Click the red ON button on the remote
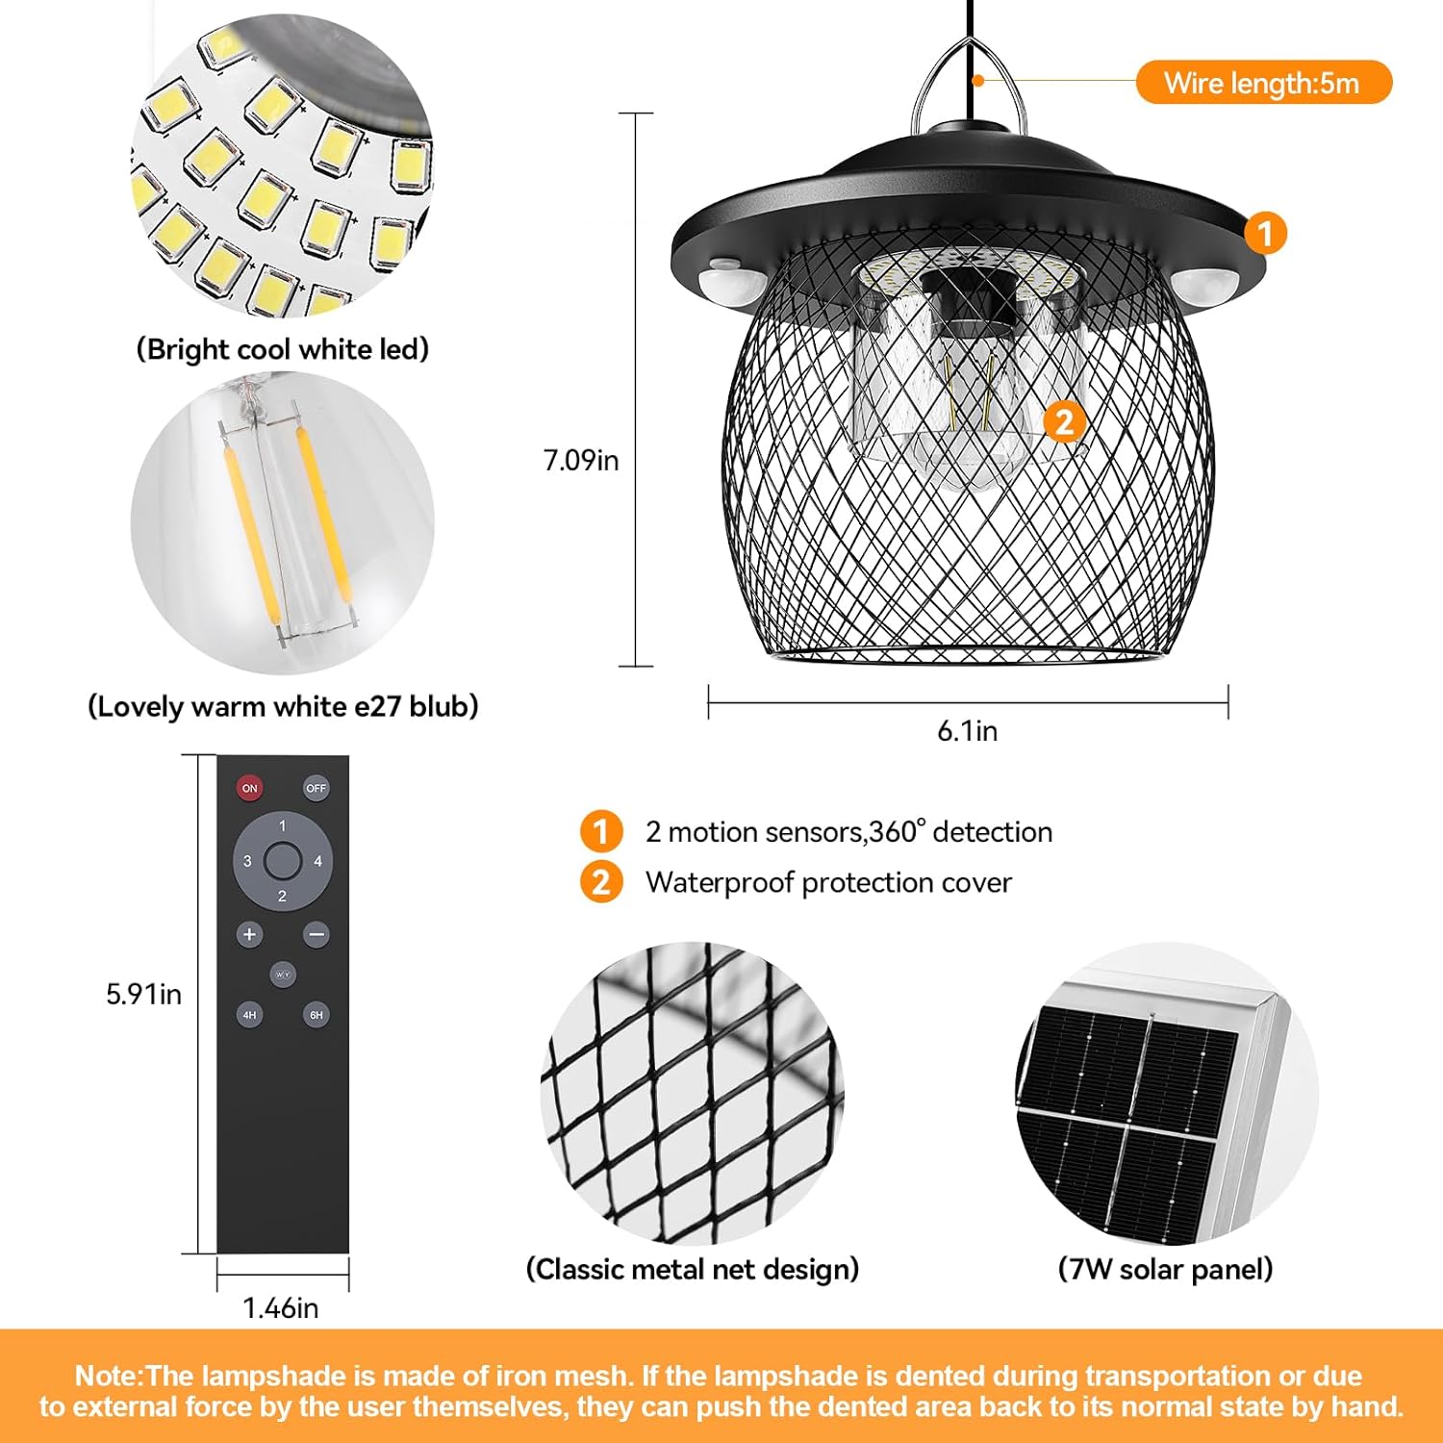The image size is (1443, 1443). click(250, 788)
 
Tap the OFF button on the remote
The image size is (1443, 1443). click(316, 788)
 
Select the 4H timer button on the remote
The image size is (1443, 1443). click(250, 1015)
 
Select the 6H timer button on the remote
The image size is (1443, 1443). click(316, 1015)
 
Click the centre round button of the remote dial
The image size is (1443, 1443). click(283, 861)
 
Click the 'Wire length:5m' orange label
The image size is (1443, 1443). click(1263, 83)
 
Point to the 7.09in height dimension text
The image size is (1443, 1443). click(581, 461)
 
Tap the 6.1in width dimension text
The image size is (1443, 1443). click(968, 731)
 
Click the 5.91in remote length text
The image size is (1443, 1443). click(144, 994)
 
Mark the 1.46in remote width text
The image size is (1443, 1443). click(280, 1308)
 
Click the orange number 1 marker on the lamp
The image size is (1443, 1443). click(1265, 233)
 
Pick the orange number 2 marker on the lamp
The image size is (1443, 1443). click(1064, 422)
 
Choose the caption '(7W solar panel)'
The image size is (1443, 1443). click(1165, 1270)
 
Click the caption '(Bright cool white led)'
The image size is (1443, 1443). click(283, 349)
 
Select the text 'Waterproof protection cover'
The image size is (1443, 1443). click(828, 883)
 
